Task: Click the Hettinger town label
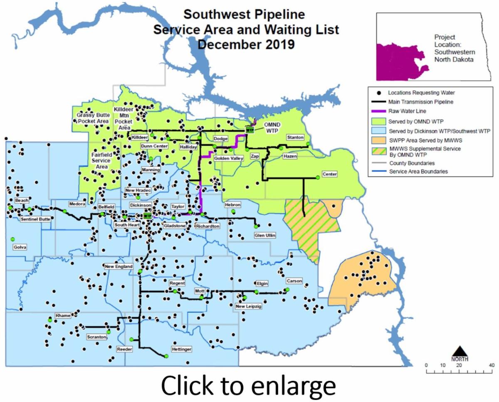tap(181, 350)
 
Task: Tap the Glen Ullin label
tap(265, 235)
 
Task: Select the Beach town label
tap(22, 201)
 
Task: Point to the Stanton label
tap(295, 137)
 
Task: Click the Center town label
tap(329, 174)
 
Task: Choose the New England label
tap(119, 266)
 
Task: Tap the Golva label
tap(20, 247)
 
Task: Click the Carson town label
tap(294, 281)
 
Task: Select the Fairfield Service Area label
tap(101, 160)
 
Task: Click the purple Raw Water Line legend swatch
tap(378, 111)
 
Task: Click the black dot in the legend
tap(378, 92)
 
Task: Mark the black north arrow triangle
tap(459, 351)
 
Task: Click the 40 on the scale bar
tap(492, 365)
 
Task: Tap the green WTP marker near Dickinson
tap(147, 216)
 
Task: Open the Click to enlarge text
tap(248, 386)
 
